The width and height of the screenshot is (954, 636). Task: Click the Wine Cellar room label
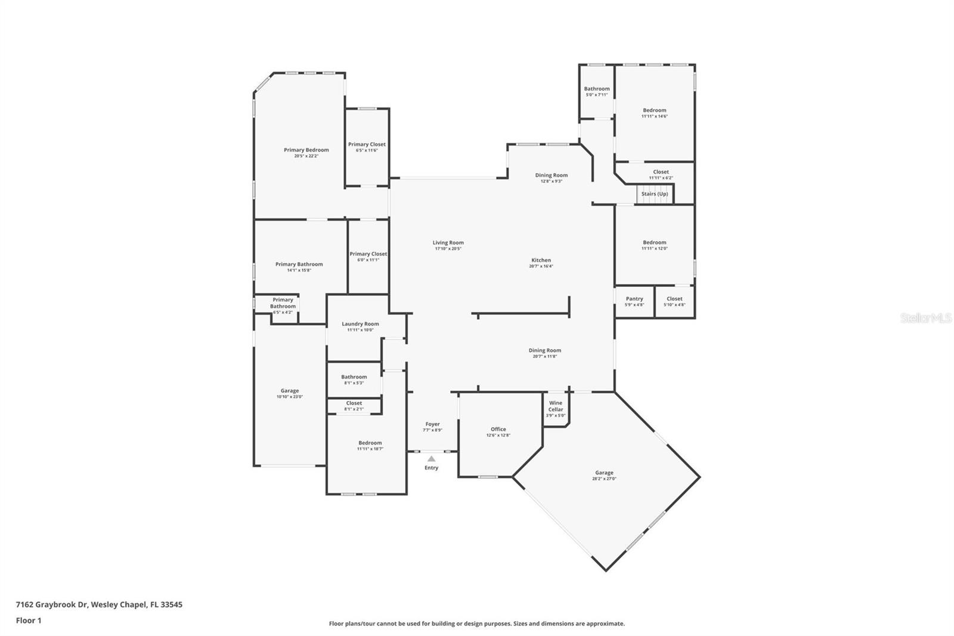click(x=555, y=406)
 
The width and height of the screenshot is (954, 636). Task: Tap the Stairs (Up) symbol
click(x=654, y=194)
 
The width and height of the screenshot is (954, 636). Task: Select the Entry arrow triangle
click(x=431, y=459)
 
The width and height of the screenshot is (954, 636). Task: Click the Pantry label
click(x=634, y=299)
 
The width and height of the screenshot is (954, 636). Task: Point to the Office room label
click(x=498, y=429)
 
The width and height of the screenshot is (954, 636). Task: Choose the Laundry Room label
click(x=360, y=324)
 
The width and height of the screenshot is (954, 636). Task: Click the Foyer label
click(x=432, y=424)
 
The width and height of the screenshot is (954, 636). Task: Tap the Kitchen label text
click(x=541, y=260)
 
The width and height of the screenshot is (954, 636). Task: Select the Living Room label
click(x=448, y=243)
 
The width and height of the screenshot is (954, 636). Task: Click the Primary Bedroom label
click(x=306, y=150)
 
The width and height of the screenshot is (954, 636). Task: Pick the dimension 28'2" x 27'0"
click(x=604, y=478)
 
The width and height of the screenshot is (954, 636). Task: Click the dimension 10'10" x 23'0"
click(x=290, y=397)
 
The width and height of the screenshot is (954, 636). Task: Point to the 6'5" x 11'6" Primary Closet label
click(x=367, y=144)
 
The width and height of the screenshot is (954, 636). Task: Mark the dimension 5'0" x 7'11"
click(x=597, y=95)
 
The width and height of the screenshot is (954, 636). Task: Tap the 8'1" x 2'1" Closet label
click(x=354, y=403)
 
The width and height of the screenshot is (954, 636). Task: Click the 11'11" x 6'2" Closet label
click(x=661, y=172)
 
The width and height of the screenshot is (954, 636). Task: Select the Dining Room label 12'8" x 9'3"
click(x=551, y=175)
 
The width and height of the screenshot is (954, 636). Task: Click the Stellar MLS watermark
click(x=925, y=318)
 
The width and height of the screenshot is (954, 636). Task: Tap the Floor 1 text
click(x=29, y=620)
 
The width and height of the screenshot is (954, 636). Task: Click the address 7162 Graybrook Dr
click(x=52, y=604)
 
